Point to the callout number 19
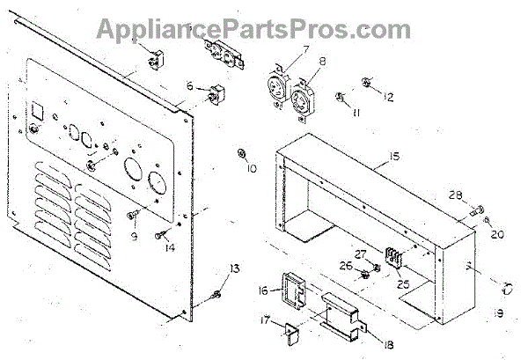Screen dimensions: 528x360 click(498, 312)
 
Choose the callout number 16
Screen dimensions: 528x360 click(264, 290)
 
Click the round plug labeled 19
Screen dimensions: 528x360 click(508, 287)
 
